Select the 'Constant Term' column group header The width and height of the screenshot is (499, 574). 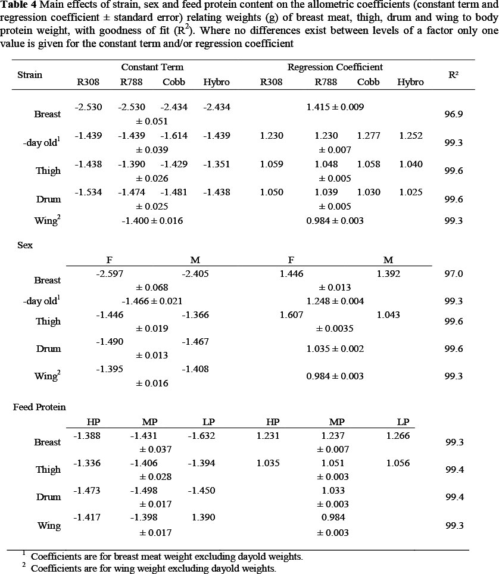pyautogui.click(x=152, y=67)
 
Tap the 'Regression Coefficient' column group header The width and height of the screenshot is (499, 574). pyautogui.click(x=335, y=67)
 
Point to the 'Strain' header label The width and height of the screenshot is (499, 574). pyautogui.click(x=30, y=74)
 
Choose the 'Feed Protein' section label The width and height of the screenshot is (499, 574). pyautogui.click(x=39, y=407)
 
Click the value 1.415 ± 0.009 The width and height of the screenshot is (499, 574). pyautogui.click(x=335, y=107)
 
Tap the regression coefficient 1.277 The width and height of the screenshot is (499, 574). pyautogui.click(x=368, y=136)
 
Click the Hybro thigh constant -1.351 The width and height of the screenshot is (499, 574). pyautogui.click(x=217, y=164)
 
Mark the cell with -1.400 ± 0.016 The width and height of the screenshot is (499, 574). pyautogui.click(x=152, y=221)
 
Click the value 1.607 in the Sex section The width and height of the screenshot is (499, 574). pyautogui.click(x=291, y=315)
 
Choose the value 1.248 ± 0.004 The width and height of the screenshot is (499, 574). pyautogui.click(x=335, y=301)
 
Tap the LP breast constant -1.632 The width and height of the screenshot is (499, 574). pyautogui.click(x=201, y=436)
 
